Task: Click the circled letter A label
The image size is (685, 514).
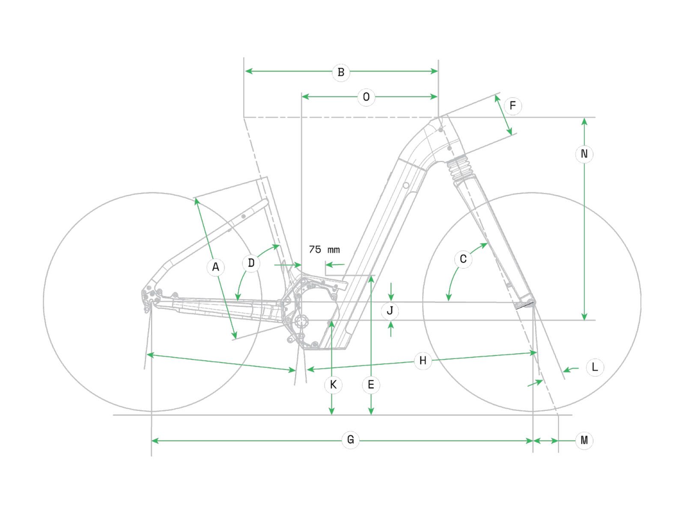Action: click(x=215, y=267)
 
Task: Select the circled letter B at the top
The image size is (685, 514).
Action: click(x=341, y=72)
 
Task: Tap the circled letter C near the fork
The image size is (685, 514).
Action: click(x=463, y=259)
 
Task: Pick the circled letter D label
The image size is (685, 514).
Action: click(x=251, y=263)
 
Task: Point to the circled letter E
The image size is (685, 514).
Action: click(x=371, y=385)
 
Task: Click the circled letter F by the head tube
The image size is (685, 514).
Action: click(x=512, y=106)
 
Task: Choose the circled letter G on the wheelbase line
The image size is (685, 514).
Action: click(x=350, y=440)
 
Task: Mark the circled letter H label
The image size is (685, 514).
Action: click(x=423, y=361)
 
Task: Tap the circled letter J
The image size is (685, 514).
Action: click(x=390, y=311)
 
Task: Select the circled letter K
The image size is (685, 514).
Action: click(x=333, y=385)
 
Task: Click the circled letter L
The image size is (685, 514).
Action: click(x=595, y=367)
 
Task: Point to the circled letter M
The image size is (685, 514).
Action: click(x=584, y=440)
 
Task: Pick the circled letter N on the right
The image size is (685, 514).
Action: click(x=584, y=154)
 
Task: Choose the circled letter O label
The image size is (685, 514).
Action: click(x=366, y=97)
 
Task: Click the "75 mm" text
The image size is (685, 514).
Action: click(x=324, y=249)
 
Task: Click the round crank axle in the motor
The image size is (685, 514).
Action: click(x=301, y=321)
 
